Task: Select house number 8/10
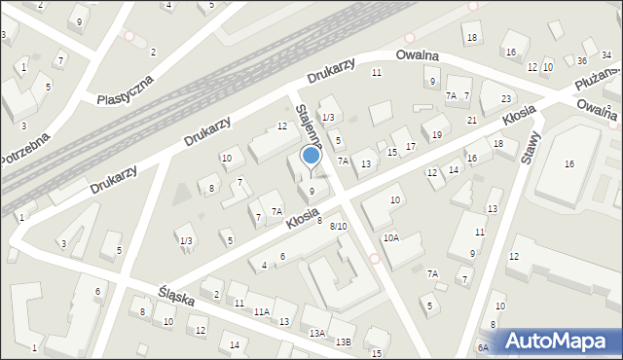[x=338, y=227]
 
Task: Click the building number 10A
[x=390, y=237]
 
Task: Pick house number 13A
[x=317, y=333]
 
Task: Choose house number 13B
[x=343, y=342]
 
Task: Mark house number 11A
[x=262, y=311]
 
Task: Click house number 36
[x=580, y=60]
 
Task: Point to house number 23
[x=506, y=99]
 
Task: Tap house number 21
[x=471, y=120]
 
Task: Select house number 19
[x=437, y=134]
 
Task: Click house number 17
[x=410, y=146]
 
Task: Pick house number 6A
[x=483, y=347]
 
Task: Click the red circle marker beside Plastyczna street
[x=129, y=36]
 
